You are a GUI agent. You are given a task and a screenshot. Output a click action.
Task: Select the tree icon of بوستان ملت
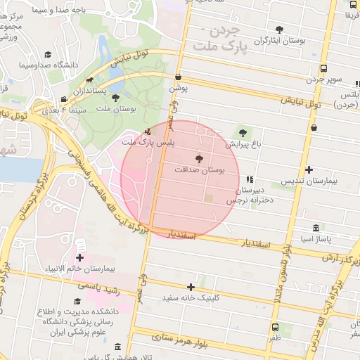115,98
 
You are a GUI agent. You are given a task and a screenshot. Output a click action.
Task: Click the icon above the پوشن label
178,77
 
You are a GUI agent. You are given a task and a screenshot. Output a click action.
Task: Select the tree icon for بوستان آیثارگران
280,30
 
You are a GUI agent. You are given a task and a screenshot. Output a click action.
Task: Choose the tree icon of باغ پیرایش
243,131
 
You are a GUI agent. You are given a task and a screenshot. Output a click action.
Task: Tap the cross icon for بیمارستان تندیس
309,169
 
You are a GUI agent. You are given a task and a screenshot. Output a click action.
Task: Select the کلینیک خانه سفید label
192,298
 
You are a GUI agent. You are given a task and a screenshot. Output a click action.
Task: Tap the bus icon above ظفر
275,327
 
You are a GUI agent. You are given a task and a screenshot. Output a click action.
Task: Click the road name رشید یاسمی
98,287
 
